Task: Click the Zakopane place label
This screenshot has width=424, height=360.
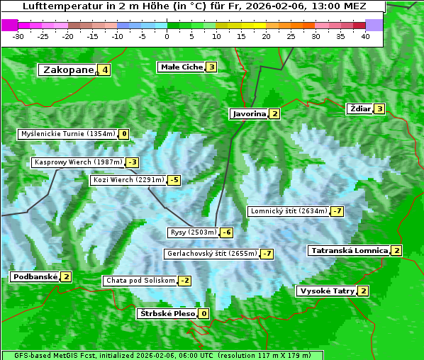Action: tap(68, 69)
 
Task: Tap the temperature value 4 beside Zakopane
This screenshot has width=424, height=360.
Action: tap(105, 69)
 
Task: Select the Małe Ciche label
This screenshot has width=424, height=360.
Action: tap(182, 67)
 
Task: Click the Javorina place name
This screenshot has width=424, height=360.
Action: tap(249, 113)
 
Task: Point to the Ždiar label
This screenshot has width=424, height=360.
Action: tap(360, 108)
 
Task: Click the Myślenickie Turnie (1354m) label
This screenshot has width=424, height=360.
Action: tap(67, 133)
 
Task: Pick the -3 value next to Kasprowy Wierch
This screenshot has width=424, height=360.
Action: tap(133, 162)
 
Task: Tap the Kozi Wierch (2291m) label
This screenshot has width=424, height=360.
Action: tap(128, 180)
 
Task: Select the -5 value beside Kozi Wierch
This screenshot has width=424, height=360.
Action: tap(174, 180)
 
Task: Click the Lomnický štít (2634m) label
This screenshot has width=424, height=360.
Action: tap(289, 211)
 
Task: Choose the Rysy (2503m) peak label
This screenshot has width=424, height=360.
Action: tap(193, 232)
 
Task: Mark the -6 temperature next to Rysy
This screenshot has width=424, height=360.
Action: tap(227, 232)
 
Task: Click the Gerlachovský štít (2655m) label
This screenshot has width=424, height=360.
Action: tap(211, 254)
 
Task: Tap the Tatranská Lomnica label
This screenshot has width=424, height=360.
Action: tap(349, 250)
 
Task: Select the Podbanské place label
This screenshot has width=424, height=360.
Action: tap(35, 276)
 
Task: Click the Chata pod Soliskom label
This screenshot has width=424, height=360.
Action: tap(139, 281)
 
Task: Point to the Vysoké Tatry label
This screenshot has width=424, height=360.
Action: tap(327, 291)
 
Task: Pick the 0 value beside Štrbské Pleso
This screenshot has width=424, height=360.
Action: tap(204, 313)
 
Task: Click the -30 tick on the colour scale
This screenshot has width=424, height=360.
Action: tap(18, 35)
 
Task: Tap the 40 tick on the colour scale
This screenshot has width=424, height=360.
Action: tap(365, 35)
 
